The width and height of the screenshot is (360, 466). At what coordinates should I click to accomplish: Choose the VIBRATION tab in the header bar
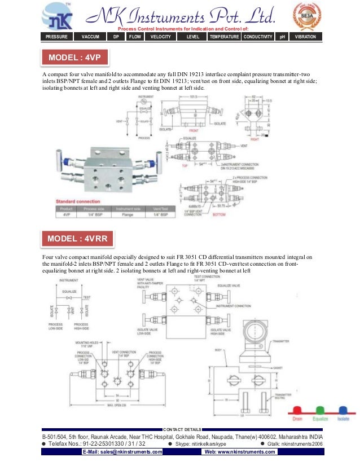point(305,37)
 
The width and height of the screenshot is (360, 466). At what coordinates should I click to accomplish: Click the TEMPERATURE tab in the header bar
point(224,37)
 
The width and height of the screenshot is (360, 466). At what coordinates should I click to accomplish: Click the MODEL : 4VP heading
point(75,58)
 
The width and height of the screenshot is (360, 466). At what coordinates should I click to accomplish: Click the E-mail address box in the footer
point(122,452)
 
